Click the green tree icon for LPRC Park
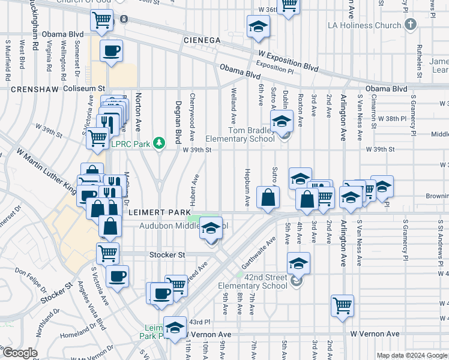159,143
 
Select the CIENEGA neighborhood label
201,40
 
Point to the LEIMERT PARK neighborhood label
158,212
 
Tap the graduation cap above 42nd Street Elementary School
298,263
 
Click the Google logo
20,353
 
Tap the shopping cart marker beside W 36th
289,5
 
